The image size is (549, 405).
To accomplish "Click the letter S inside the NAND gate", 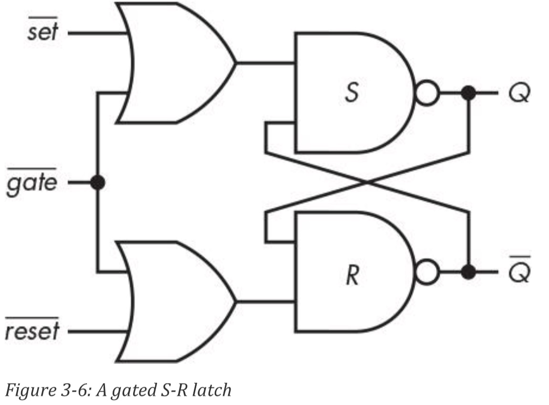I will pos(351,94).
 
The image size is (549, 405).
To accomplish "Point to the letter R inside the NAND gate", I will pos(351,276).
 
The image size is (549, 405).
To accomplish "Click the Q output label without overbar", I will pos(519,94).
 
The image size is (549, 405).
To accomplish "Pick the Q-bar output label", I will pos(519,274).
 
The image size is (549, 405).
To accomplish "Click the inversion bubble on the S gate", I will pos(427,94).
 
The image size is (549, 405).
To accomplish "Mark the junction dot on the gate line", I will pos(97,182).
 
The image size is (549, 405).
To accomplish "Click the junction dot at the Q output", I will pos(469,94).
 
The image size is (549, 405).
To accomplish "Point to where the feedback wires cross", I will pos(367,182).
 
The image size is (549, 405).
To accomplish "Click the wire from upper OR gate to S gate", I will pos(265,63).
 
